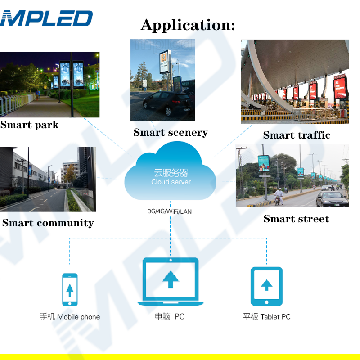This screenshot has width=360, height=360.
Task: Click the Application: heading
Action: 188,25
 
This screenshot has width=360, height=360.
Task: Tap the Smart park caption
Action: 30,125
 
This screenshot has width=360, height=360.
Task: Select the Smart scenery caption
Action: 171,132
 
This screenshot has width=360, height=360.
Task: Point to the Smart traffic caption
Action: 297,135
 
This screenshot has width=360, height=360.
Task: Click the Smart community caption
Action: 48,223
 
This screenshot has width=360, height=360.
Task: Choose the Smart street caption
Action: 296,219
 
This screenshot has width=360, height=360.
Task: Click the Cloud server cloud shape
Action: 171,175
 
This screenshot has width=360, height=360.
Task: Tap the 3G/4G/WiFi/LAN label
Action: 170,211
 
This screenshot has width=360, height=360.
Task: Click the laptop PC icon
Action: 170,282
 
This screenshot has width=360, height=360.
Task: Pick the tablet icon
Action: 266,286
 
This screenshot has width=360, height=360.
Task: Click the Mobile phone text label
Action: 70,317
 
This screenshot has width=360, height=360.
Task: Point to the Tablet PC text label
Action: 266,317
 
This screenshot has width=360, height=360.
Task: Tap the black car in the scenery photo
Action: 167,107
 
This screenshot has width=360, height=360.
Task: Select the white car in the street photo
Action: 332,198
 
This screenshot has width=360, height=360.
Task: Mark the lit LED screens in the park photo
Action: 72,75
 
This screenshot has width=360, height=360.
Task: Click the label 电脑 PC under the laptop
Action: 170,317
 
